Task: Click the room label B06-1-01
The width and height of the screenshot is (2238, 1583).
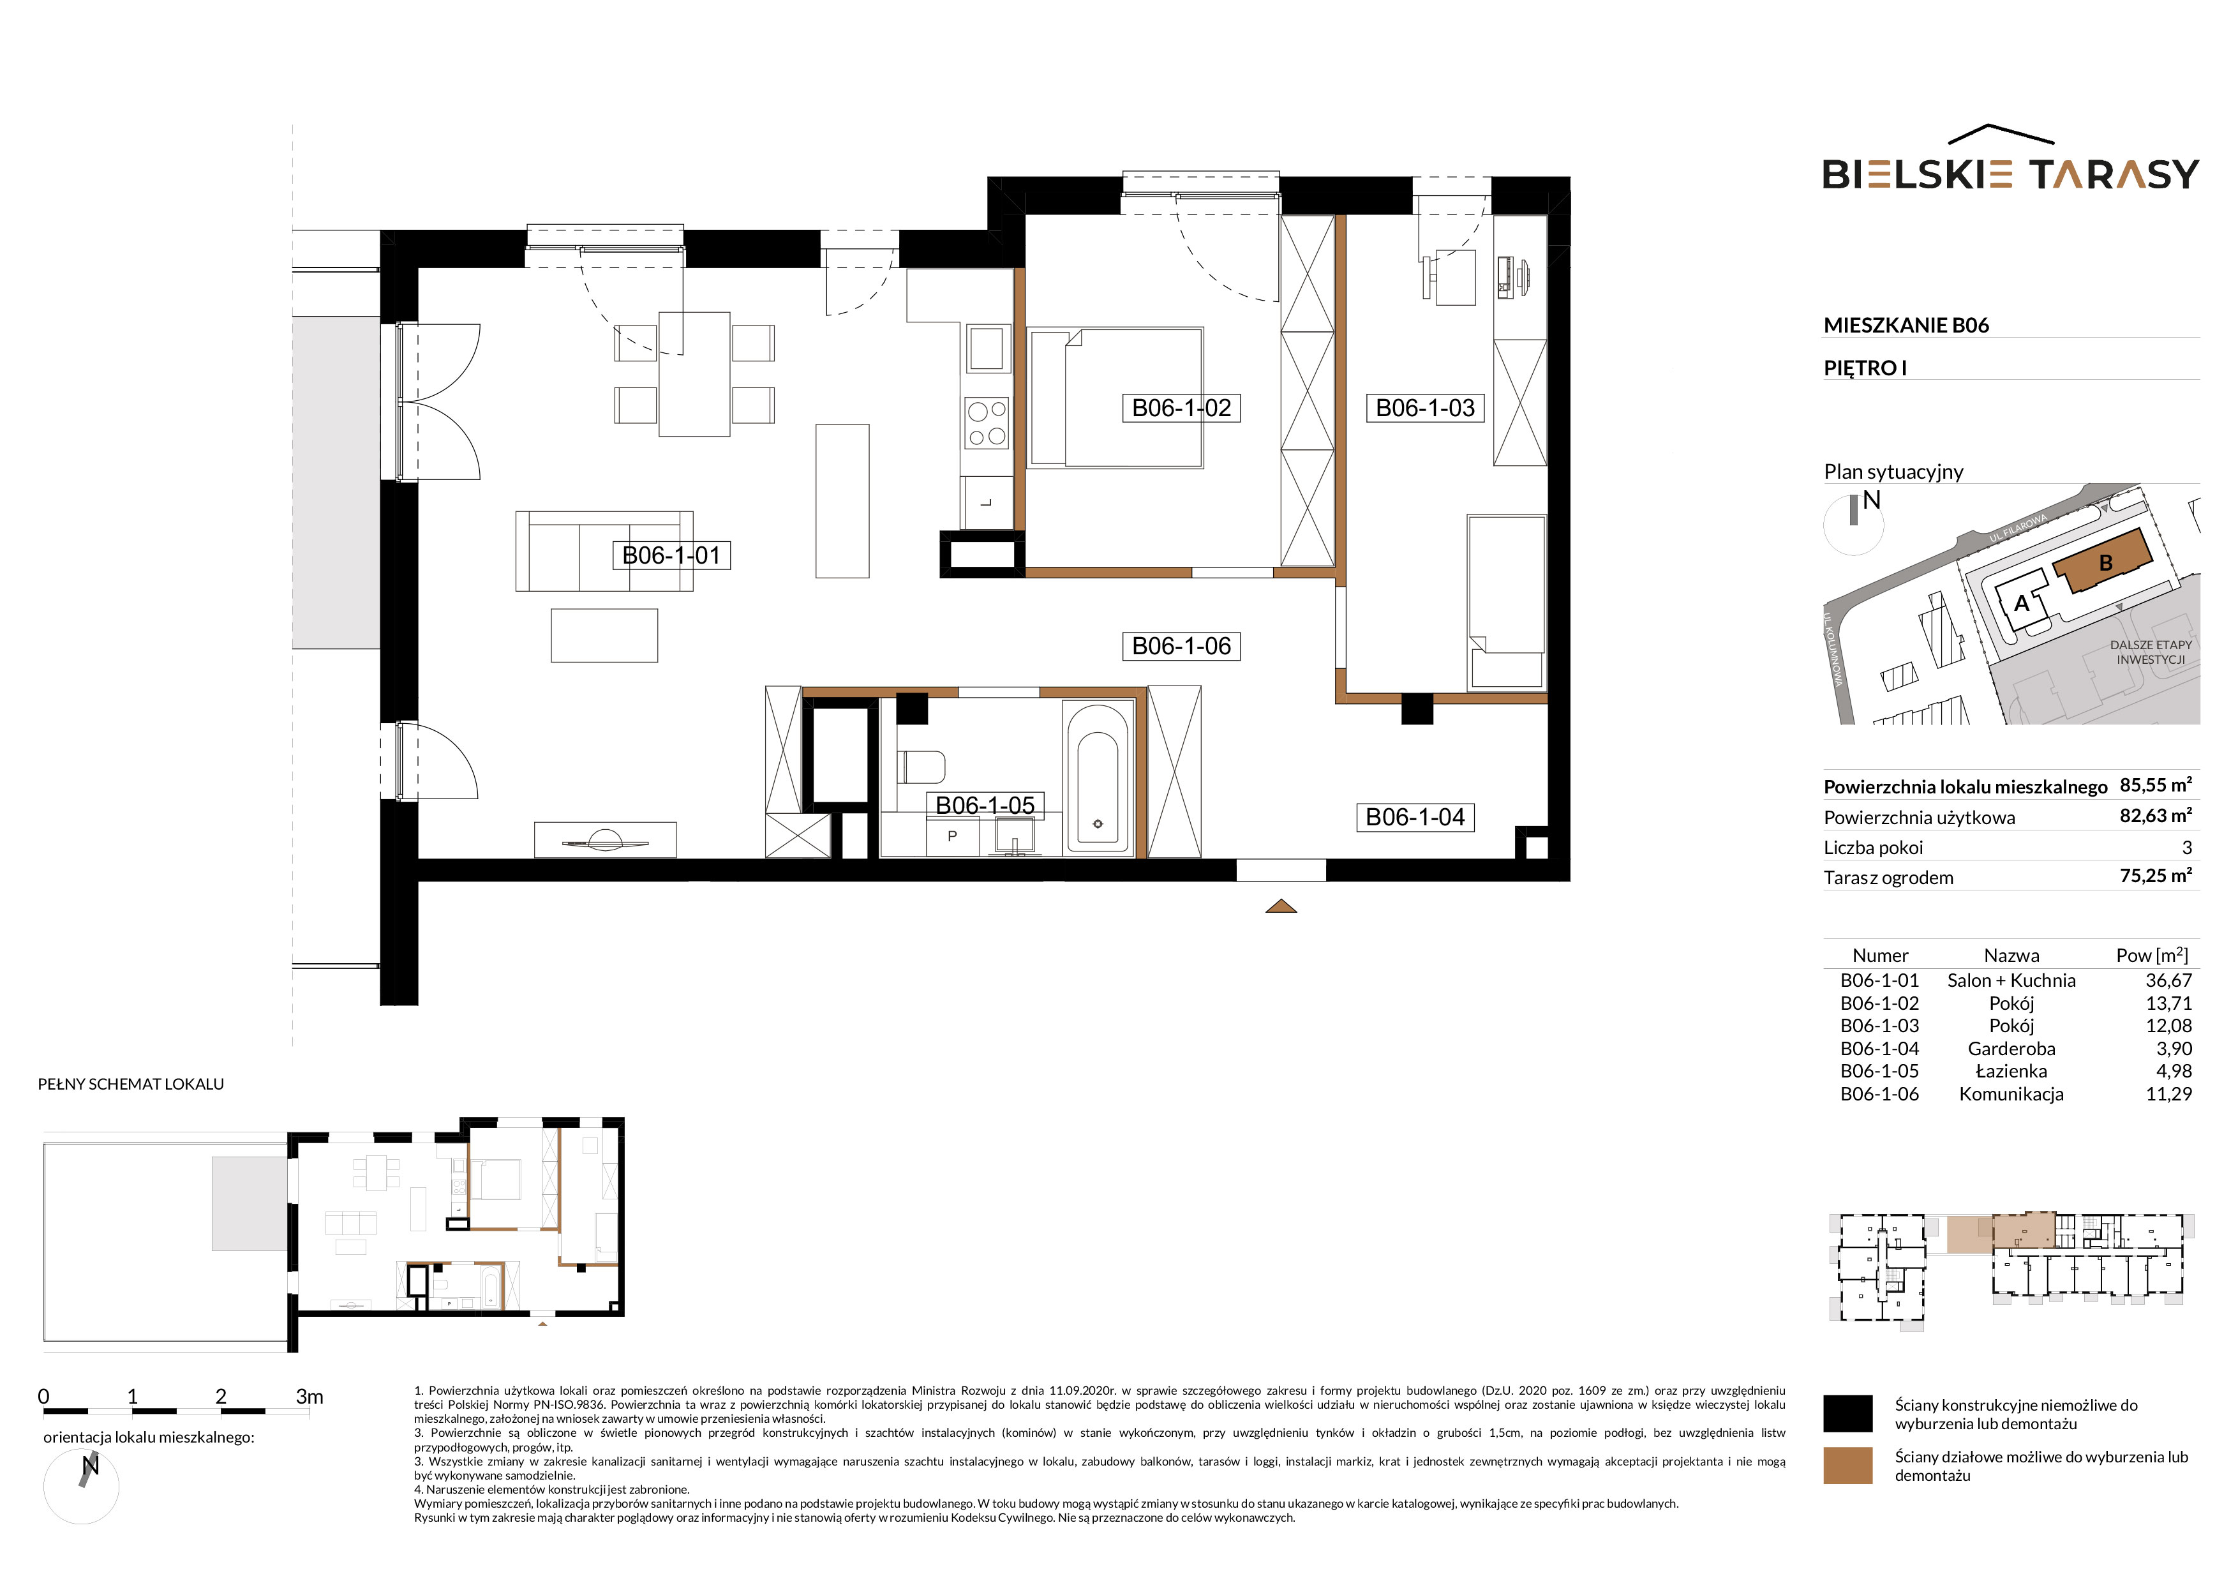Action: tap(671, 555)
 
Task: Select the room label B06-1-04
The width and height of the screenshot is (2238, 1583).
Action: tap(1415, 817)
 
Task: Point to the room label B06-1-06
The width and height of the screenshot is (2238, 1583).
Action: tap(1181, 645)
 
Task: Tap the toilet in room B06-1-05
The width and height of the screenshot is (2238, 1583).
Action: tap(921, 767)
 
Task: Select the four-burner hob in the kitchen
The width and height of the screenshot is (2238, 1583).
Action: tap(987, 424)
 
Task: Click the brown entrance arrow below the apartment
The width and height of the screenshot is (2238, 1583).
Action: tap(1281, 906)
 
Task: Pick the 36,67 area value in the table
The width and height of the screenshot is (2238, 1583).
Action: tap(2168, 980)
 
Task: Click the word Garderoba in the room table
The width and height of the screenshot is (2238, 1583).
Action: tap(2011, 1049)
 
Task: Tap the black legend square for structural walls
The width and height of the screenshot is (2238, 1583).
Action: tap(1847, 1413)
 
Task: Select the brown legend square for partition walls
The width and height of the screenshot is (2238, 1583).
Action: tap(1847, 1465)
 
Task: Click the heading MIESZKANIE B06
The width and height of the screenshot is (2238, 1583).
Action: tap(1906, 326)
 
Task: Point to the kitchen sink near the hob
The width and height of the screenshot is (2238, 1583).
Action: tap(987, 348)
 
